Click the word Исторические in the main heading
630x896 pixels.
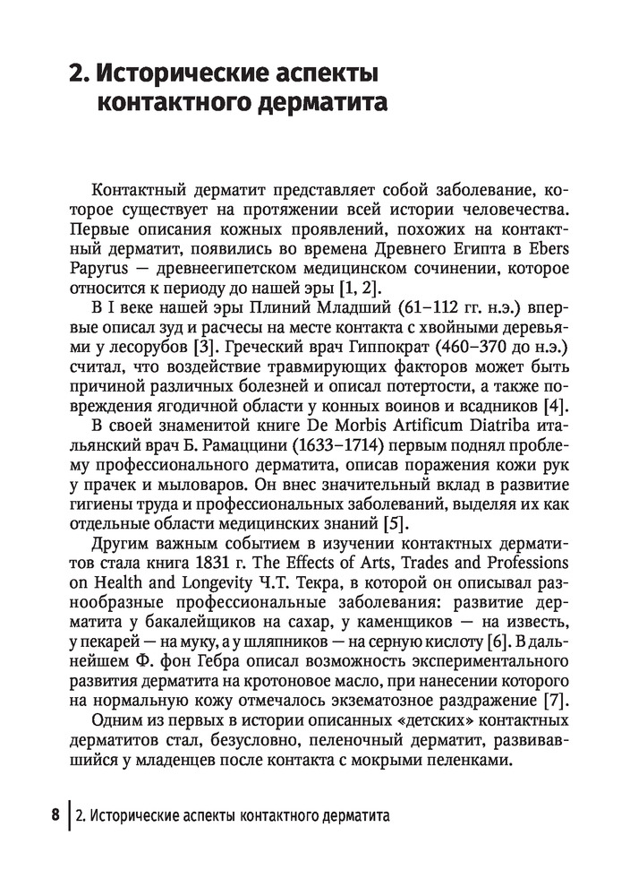192,71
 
